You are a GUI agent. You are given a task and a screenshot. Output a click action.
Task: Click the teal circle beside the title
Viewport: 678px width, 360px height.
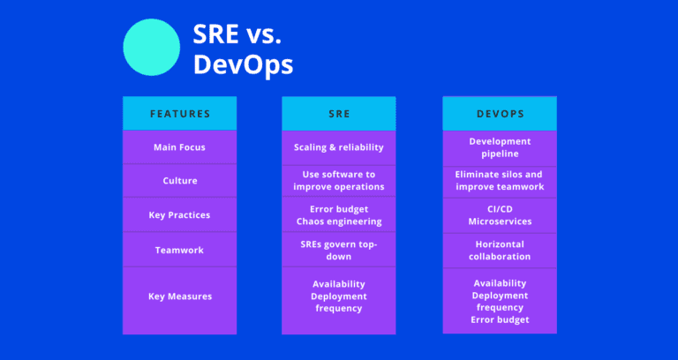[x=150, y=48]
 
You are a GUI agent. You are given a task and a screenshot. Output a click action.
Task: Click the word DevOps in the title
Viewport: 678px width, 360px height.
[x=244, y=65]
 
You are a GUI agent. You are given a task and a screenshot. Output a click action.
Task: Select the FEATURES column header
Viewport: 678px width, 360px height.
[x=180, y=113]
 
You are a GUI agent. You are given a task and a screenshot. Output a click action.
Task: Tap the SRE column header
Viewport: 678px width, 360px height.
[x=340, y=113]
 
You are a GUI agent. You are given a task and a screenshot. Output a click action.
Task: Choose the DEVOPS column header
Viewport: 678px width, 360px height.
[x=500, y=113]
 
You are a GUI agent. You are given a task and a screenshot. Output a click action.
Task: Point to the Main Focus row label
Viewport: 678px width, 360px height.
[x=180, y=147]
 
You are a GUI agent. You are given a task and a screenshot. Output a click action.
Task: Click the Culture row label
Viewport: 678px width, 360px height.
[x=180, y=181]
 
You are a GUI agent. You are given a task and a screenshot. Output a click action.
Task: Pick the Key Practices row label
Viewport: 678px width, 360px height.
[x=180, y=215]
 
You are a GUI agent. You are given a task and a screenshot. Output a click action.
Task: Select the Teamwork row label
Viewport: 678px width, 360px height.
[x=180, y=250]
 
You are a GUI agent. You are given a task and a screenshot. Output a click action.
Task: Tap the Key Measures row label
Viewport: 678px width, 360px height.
[x=180, y=296]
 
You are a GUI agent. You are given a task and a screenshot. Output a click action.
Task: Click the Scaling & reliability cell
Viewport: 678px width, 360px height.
[x=340, y=147]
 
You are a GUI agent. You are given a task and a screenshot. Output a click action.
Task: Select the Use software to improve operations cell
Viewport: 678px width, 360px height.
[x=340, y=181]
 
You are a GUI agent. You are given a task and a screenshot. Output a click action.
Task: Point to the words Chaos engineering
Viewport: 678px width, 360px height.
[x=340, y=221]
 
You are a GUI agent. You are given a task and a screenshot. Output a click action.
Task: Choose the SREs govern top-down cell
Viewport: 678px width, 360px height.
[x=340, y=250]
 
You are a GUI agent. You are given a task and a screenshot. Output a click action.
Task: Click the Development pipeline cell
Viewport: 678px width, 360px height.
[x=500, y=147]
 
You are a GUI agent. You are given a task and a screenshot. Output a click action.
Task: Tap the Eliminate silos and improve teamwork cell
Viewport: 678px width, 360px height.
[x=500, y=181]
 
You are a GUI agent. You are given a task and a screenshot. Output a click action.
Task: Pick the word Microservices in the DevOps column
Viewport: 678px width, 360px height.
[x=500, y=221]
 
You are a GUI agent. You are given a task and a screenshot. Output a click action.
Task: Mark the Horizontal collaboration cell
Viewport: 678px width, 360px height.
[x=500, y=250]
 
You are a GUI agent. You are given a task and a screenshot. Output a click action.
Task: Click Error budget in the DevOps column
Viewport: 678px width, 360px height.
[x=500, y=319]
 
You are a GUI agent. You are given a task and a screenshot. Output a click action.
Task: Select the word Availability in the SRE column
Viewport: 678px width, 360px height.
[x=340, y=284]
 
